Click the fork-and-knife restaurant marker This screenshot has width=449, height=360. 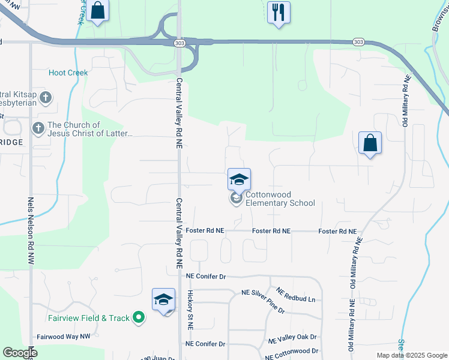(278, 12)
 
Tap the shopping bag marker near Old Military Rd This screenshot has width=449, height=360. (370, 143)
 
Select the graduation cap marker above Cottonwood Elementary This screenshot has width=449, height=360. (239, 179)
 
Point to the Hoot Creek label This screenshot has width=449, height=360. (68, 73)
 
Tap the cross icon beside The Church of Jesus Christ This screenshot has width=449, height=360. (38, 128)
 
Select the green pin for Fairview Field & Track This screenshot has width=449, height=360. (139, 317)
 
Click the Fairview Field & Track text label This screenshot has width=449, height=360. (89, 318)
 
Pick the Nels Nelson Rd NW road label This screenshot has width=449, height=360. (30, 231)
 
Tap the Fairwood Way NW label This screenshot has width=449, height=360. (63, 337)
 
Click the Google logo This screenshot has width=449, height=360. (20, 353)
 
